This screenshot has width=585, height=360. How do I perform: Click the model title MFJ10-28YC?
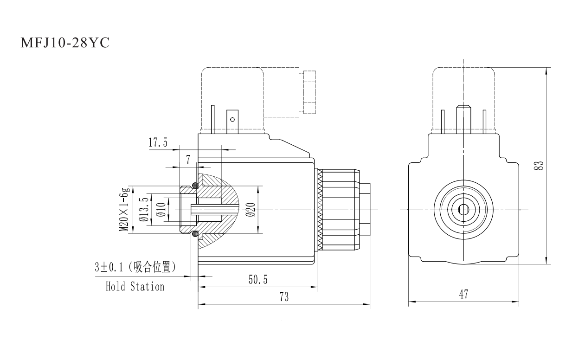[65, 43]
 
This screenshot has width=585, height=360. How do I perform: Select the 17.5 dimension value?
[158, 142]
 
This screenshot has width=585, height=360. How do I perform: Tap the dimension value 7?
[188, 160]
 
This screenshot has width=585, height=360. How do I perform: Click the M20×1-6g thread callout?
[124, 210]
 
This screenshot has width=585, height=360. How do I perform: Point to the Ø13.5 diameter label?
[144, 210]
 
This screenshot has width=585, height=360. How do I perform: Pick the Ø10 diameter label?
[161, 210]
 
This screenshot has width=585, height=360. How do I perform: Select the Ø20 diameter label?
[251, 210]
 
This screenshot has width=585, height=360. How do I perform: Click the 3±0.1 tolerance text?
[110, 267]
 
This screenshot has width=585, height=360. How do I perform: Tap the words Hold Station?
[135, 287]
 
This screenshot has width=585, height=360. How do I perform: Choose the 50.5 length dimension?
[258, 280]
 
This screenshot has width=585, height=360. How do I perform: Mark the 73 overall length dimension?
[283, 297]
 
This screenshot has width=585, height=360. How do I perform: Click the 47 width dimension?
[463, 294]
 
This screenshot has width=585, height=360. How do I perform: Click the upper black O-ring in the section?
[195, 186]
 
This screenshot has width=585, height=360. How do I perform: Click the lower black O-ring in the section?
[195, 234]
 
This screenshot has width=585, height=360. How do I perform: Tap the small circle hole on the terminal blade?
[232, 119]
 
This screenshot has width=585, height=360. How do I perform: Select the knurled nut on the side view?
[339, 210]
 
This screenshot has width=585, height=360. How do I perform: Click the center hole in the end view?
[463, 210]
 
